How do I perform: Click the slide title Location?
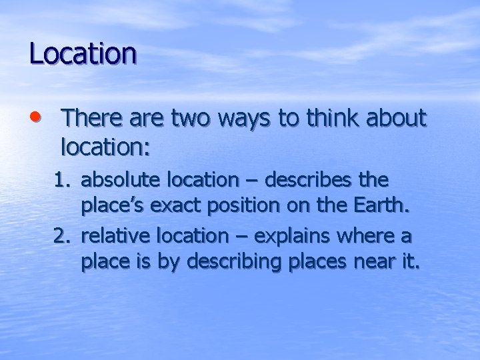83,53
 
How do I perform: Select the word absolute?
118,181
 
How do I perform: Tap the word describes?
309,181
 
